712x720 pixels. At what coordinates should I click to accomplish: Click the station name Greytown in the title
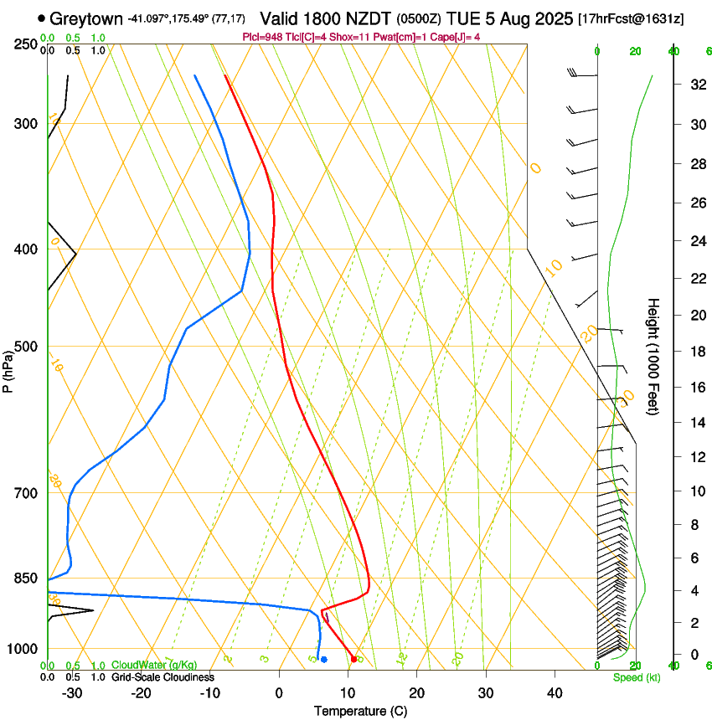86,18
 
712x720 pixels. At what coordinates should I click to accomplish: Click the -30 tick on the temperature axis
72,693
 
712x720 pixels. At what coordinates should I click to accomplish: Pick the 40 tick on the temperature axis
554,693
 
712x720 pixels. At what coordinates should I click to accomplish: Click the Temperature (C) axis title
360,711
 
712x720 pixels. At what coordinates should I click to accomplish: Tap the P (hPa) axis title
8,369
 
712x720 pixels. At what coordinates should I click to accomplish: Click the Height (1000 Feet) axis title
653,357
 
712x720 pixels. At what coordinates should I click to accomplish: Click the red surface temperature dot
354,660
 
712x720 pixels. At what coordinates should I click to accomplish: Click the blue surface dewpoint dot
324,660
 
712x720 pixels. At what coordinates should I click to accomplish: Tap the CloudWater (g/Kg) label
154,666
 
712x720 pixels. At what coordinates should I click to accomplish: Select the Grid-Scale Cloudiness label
163,677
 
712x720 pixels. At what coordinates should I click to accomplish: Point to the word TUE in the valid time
464,18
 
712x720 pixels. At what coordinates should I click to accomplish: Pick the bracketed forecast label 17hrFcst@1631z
631,18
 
